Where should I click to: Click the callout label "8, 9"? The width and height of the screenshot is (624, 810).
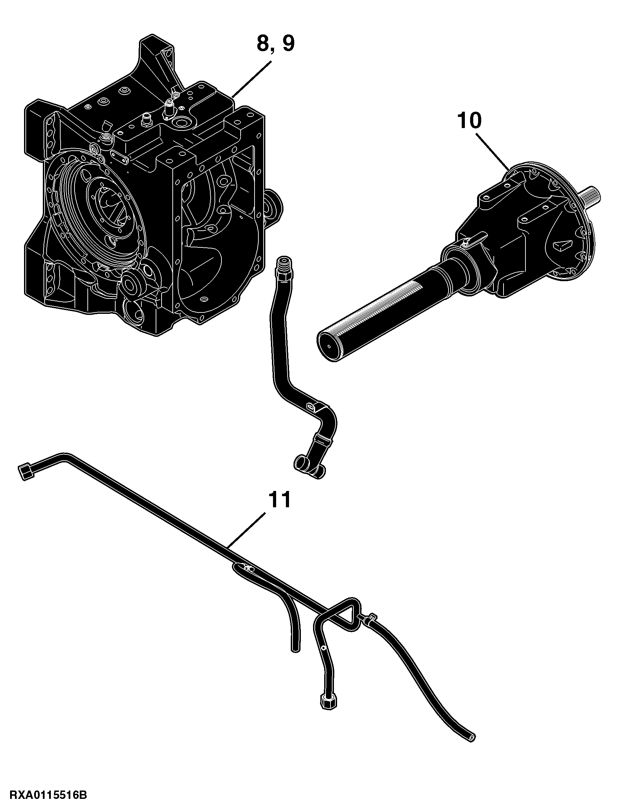(x=275, y=43)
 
